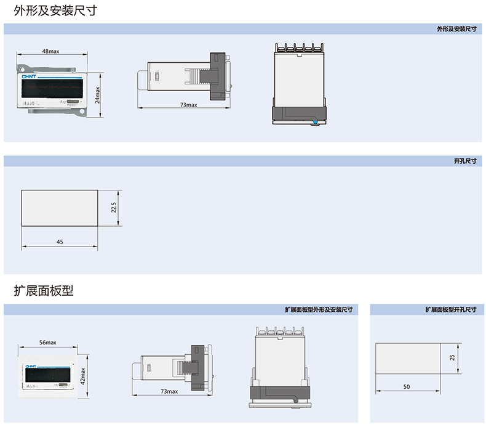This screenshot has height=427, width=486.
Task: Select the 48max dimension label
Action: tap(50, 51)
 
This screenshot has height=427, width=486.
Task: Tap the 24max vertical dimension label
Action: tap(97, 94)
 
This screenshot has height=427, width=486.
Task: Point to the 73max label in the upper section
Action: tap(188, 105)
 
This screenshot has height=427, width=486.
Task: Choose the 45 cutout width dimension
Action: tap(60, 242)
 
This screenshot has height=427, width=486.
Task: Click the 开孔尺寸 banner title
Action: tap(465, 161)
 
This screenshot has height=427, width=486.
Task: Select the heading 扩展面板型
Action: tap(44, 291)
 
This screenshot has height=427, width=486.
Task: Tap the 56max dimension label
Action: tap(47, 342)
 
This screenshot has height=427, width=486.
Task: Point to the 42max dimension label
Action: tap(82, 374)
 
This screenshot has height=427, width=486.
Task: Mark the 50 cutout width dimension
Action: tap(407, 386)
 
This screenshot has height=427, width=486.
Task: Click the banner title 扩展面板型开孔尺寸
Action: tap(450, 309)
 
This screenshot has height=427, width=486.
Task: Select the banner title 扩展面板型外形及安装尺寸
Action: tap(318, 309)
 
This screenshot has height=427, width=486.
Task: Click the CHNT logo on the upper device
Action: tap(30, 78)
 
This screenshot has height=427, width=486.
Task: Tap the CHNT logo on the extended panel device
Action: tap(31, 365)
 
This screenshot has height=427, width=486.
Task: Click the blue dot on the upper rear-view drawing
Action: tap(315, 123)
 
